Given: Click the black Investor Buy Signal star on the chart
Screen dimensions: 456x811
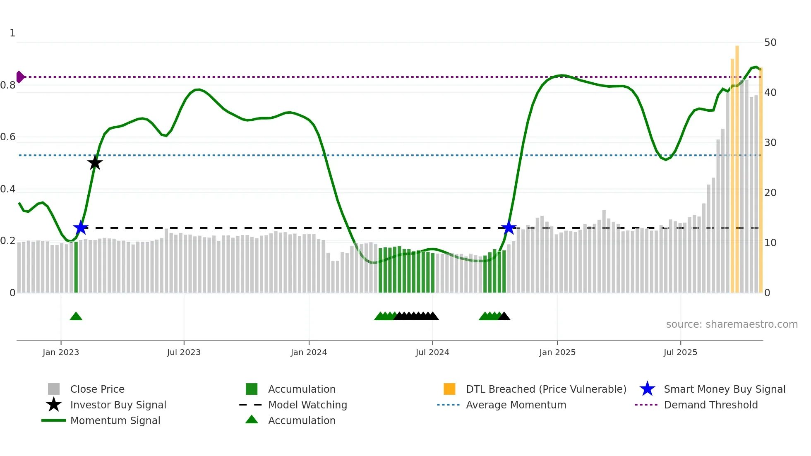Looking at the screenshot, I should point(95,163).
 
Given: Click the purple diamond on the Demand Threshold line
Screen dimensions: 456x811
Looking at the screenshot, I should point(20,77).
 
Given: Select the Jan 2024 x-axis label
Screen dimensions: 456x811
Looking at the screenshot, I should point(309,352).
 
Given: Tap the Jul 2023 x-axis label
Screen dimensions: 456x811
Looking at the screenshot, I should point(184,352).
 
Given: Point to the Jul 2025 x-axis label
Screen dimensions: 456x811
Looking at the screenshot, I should point(680,352).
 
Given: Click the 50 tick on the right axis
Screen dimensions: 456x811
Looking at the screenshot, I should point(770,43).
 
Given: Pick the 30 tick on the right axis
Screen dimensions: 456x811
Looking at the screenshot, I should point(770,143).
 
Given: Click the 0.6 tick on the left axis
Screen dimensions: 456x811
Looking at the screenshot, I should point(8,137).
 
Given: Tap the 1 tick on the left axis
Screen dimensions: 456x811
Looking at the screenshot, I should point(12,33).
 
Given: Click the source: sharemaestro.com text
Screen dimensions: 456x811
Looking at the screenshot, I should point(732,324).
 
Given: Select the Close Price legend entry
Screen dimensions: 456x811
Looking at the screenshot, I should point(97,389).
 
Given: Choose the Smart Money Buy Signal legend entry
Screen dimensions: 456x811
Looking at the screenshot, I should point(725,389).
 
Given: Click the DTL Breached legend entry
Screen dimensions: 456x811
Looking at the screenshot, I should point(546,389).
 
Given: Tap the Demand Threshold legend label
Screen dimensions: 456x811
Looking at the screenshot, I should point(710,405).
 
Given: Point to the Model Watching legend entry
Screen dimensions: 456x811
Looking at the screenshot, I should point(307,405).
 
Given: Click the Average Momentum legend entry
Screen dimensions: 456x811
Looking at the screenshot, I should point(516,405).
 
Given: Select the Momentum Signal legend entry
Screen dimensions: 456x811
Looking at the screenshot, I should point(115,420).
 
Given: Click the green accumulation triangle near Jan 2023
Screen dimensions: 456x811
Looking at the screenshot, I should point(76,317).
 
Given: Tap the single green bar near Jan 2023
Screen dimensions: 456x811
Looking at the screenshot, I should point(76,267).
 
